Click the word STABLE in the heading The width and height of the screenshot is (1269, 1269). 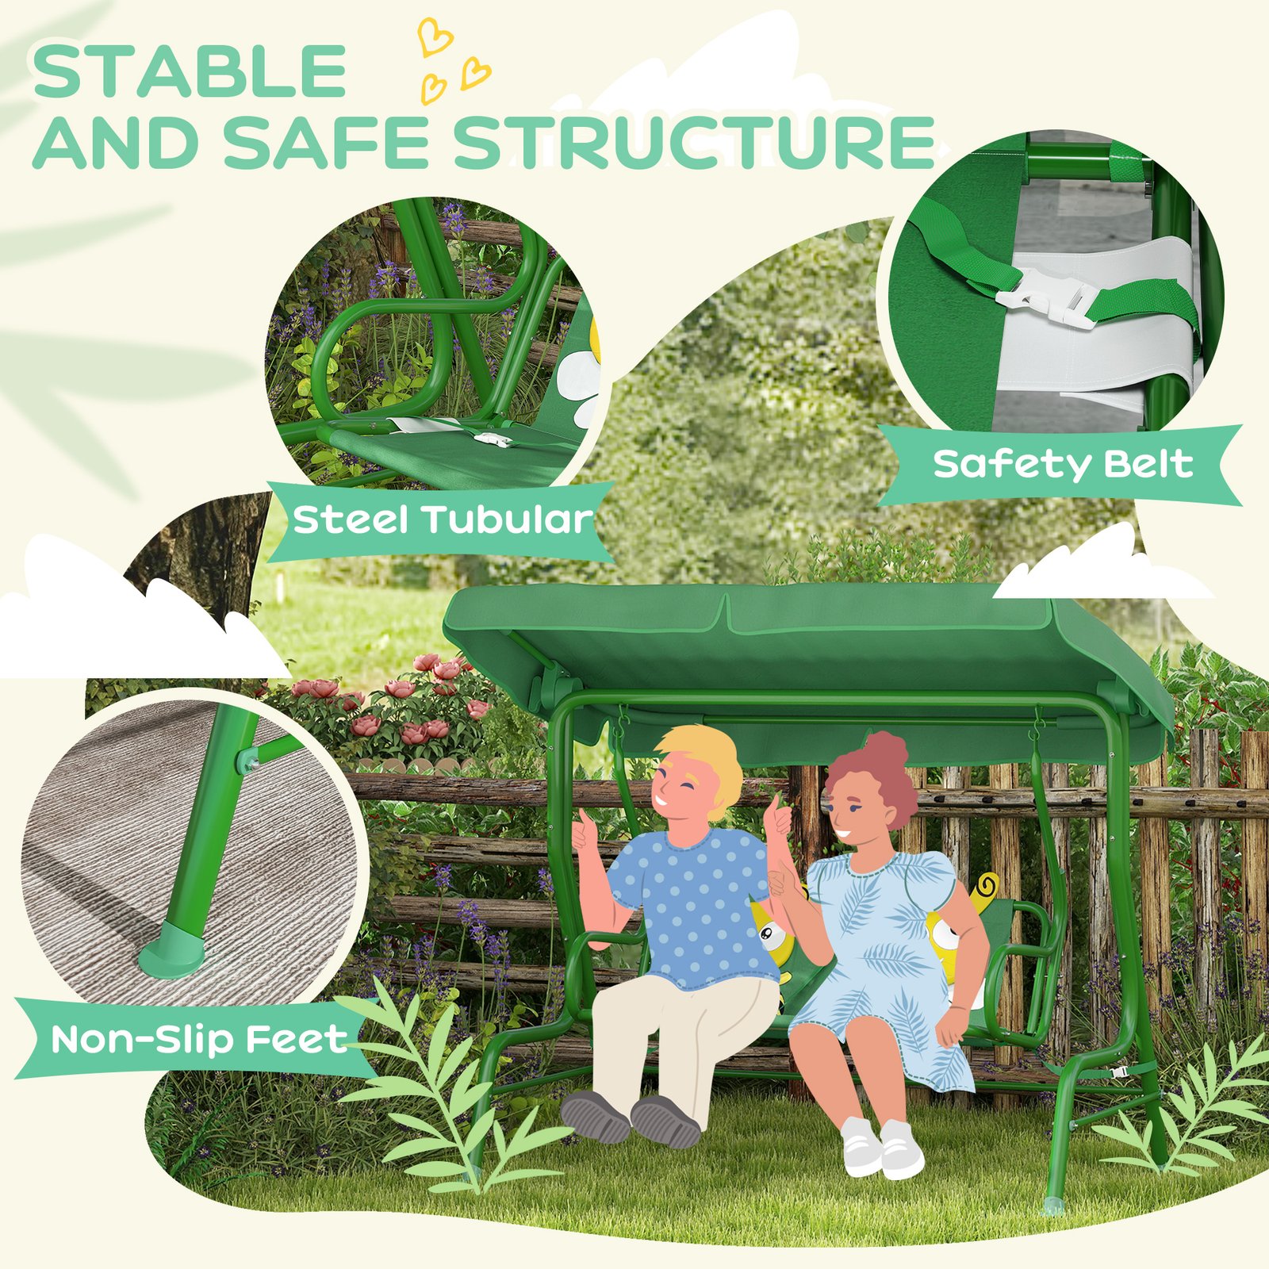click(x=189, y=71)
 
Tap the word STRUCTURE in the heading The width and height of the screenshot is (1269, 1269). click(x=695, y=142)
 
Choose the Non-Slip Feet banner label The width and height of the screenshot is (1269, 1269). click(x=199, y=1039)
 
